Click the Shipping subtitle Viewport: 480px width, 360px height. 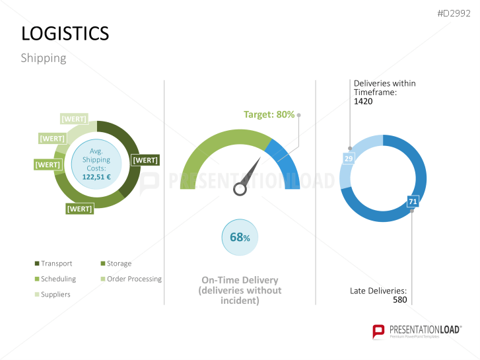coord(44,58)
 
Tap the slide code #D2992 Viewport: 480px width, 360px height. coord(455,14)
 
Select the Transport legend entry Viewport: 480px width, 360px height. coord(56,264)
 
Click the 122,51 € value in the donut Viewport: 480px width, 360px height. coord(96,176)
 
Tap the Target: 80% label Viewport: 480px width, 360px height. coord(269,114)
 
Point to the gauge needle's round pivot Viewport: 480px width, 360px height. coord(240,190)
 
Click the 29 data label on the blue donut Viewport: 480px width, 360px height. coord(348,159)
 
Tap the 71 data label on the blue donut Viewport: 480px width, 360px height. coord(413,201)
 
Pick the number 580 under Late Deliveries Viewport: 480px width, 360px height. coord(399,300)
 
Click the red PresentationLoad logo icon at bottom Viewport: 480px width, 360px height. coord(378,331)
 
